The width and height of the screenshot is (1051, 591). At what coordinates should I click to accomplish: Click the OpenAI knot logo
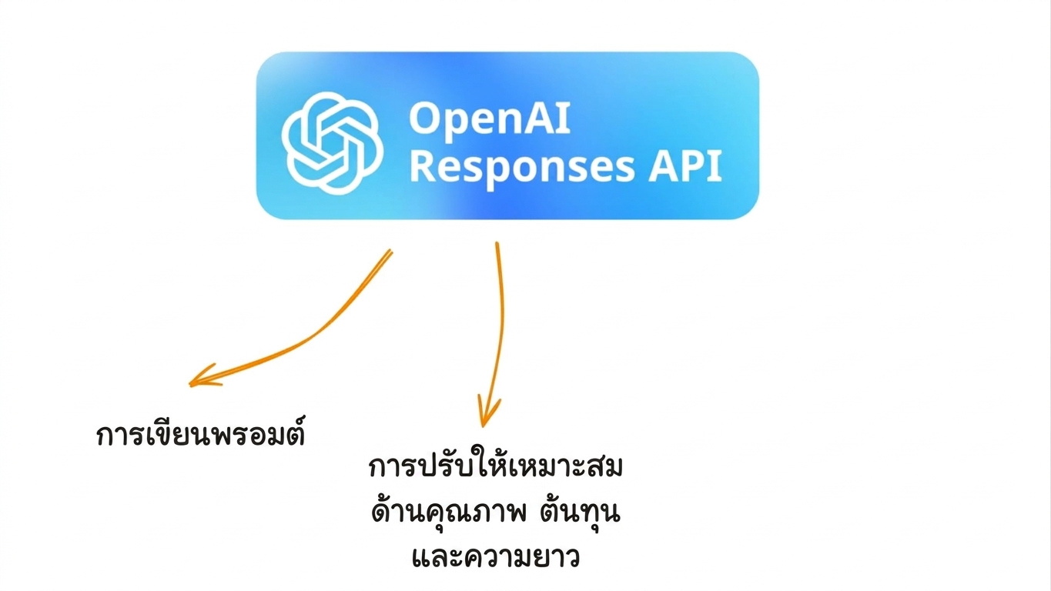tap(332, 143)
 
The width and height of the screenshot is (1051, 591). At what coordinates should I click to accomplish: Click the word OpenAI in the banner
tap(490, 119)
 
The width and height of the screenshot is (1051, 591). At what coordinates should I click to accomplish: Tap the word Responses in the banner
tap(523, 167)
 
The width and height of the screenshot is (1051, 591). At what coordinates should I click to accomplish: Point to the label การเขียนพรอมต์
tap(201, 432)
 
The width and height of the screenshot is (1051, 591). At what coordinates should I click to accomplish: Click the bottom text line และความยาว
tap(496, 556)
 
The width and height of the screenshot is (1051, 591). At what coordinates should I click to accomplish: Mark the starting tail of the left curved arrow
tap(391, 250)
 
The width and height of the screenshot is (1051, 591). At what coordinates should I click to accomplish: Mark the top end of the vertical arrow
tap(497, 243)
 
